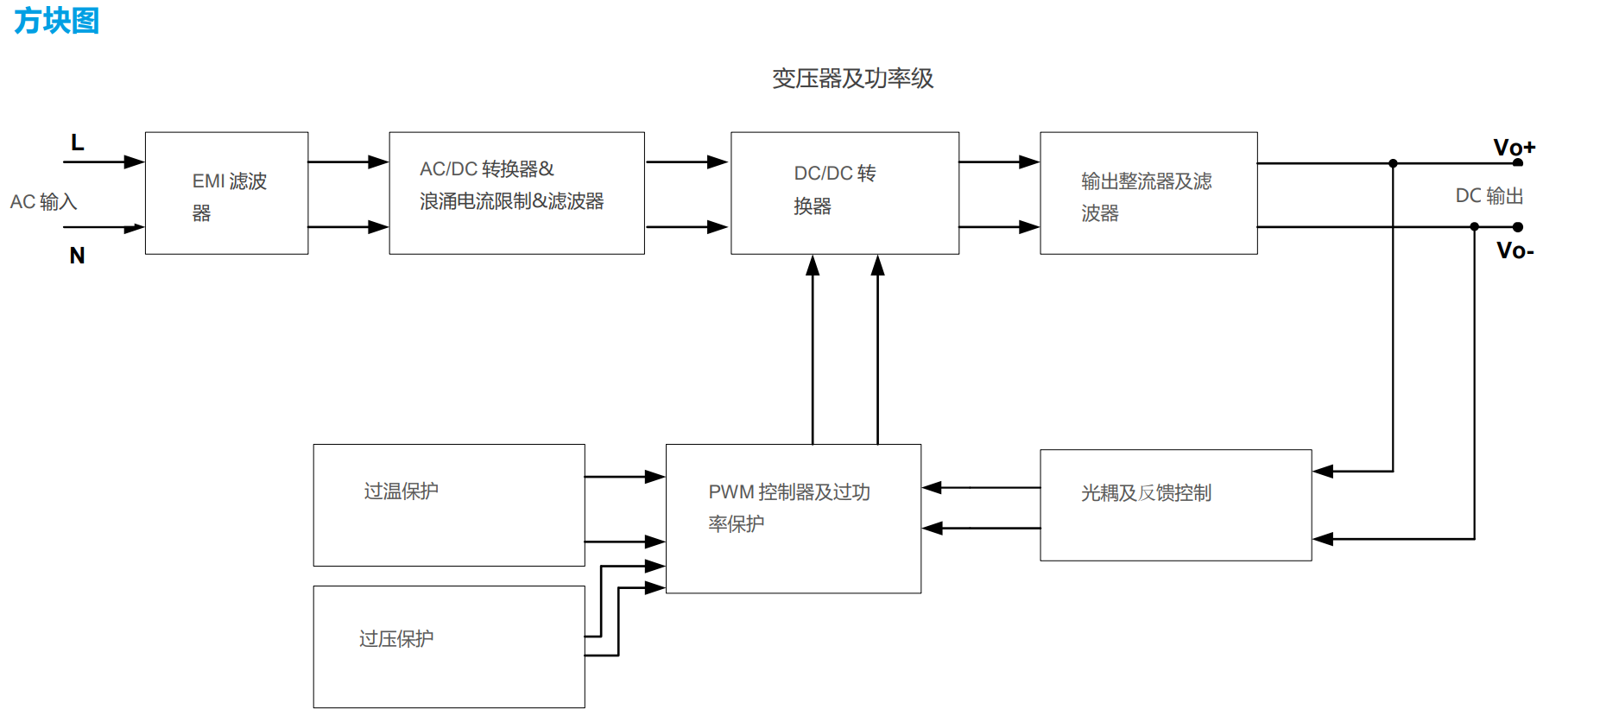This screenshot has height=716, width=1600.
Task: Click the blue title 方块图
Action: coord(57,20)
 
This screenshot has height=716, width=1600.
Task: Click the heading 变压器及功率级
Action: coord(852,79)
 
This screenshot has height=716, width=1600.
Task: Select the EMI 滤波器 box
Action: coord(226,193)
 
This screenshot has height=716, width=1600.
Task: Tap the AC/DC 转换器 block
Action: coord(516,193)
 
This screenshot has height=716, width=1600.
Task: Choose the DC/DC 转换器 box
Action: coord(844,193)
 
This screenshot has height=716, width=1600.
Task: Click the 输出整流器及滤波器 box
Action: coord(1148,193)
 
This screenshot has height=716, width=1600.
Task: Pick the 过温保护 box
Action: coord(449,505)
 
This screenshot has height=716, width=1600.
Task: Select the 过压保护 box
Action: coord(449,647)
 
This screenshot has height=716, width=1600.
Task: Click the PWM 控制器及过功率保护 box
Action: coord(794,518)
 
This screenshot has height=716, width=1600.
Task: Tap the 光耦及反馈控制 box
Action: coord(1175,505)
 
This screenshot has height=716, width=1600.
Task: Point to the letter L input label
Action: coord(77,143)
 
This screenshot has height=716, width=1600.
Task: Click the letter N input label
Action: coord(77,256)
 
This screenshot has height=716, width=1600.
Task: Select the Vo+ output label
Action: coord(1514,147)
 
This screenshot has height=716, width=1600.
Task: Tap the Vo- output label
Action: coord(1515,250)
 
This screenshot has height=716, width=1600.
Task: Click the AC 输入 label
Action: coord(44,202)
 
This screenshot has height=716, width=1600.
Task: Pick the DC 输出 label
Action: coord(1489,196)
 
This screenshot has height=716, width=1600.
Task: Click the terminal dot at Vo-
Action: coord(1518,227)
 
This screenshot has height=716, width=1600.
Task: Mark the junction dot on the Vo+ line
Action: coord(1393,163)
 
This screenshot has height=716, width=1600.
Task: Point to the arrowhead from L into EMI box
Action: coord(135,162)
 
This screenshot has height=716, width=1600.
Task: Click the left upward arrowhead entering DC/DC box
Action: coord(813,265)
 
